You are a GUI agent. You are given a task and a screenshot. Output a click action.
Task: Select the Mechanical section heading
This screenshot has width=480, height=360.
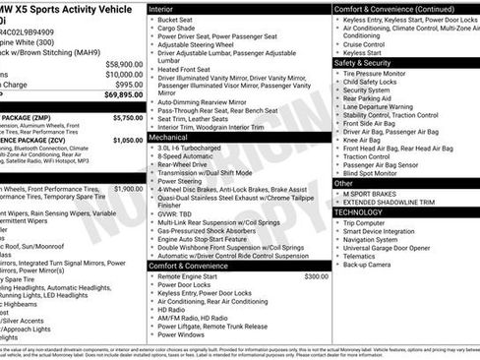point(169,139)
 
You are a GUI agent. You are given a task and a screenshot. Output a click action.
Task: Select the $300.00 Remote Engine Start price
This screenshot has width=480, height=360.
point(316,277)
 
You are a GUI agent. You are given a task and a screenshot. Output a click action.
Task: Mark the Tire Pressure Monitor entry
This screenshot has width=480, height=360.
point(380,74)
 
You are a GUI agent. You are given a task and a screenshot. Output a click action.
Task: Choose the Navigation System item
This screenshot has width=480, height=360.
point(376,239)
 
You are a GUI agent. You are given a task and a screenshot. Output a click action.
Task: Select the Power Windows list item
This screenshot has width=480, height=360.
point(184,334)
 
